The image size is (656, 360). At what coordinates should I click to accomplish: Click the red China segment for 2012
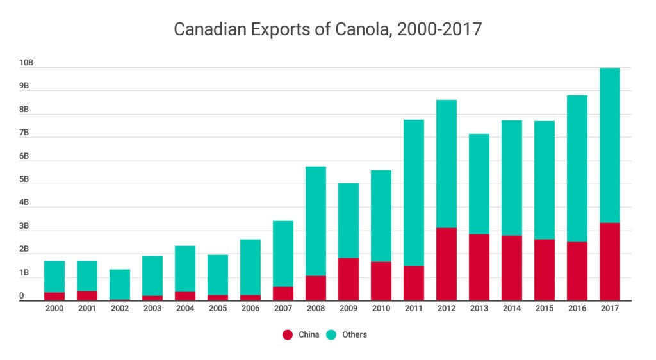447,264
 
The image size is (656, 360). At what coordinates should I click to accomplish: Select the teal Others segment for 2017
609,145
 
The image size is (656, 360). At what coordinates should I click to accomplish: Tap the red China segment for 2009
348,279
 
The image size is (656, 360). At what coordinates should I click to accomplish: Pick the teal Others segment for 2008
316,221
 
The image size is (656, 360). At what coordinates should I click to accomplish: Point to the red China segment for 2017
609,261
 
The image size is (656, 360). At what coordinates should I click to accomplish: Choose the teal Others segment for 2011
414,193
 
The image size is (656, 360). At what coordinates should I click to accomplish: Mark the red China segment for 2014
511,268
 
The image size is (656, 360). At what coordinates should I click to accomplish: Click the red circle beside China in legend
288,334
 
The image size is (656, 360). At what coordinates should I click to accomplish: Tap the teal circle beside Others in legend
333,334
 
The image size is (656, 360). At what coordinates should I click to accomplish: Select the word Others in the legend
354,334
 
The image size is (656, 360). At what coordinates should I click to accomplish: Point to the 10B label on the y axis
26,63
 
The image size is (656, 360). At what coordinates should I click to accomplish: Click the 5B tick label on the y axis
24,179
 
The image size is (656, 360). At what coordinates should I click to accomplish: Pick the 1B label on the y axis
24,273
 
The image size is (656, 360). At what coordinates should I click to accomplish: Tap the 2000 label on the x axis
54,308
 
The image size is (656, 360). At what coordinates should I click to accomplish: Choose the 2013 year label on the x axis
479,308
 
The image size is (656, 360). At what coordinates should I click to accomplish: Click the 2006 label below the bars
250,308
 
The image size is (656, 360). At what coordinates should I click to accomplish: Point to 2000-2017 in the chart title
439,29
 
